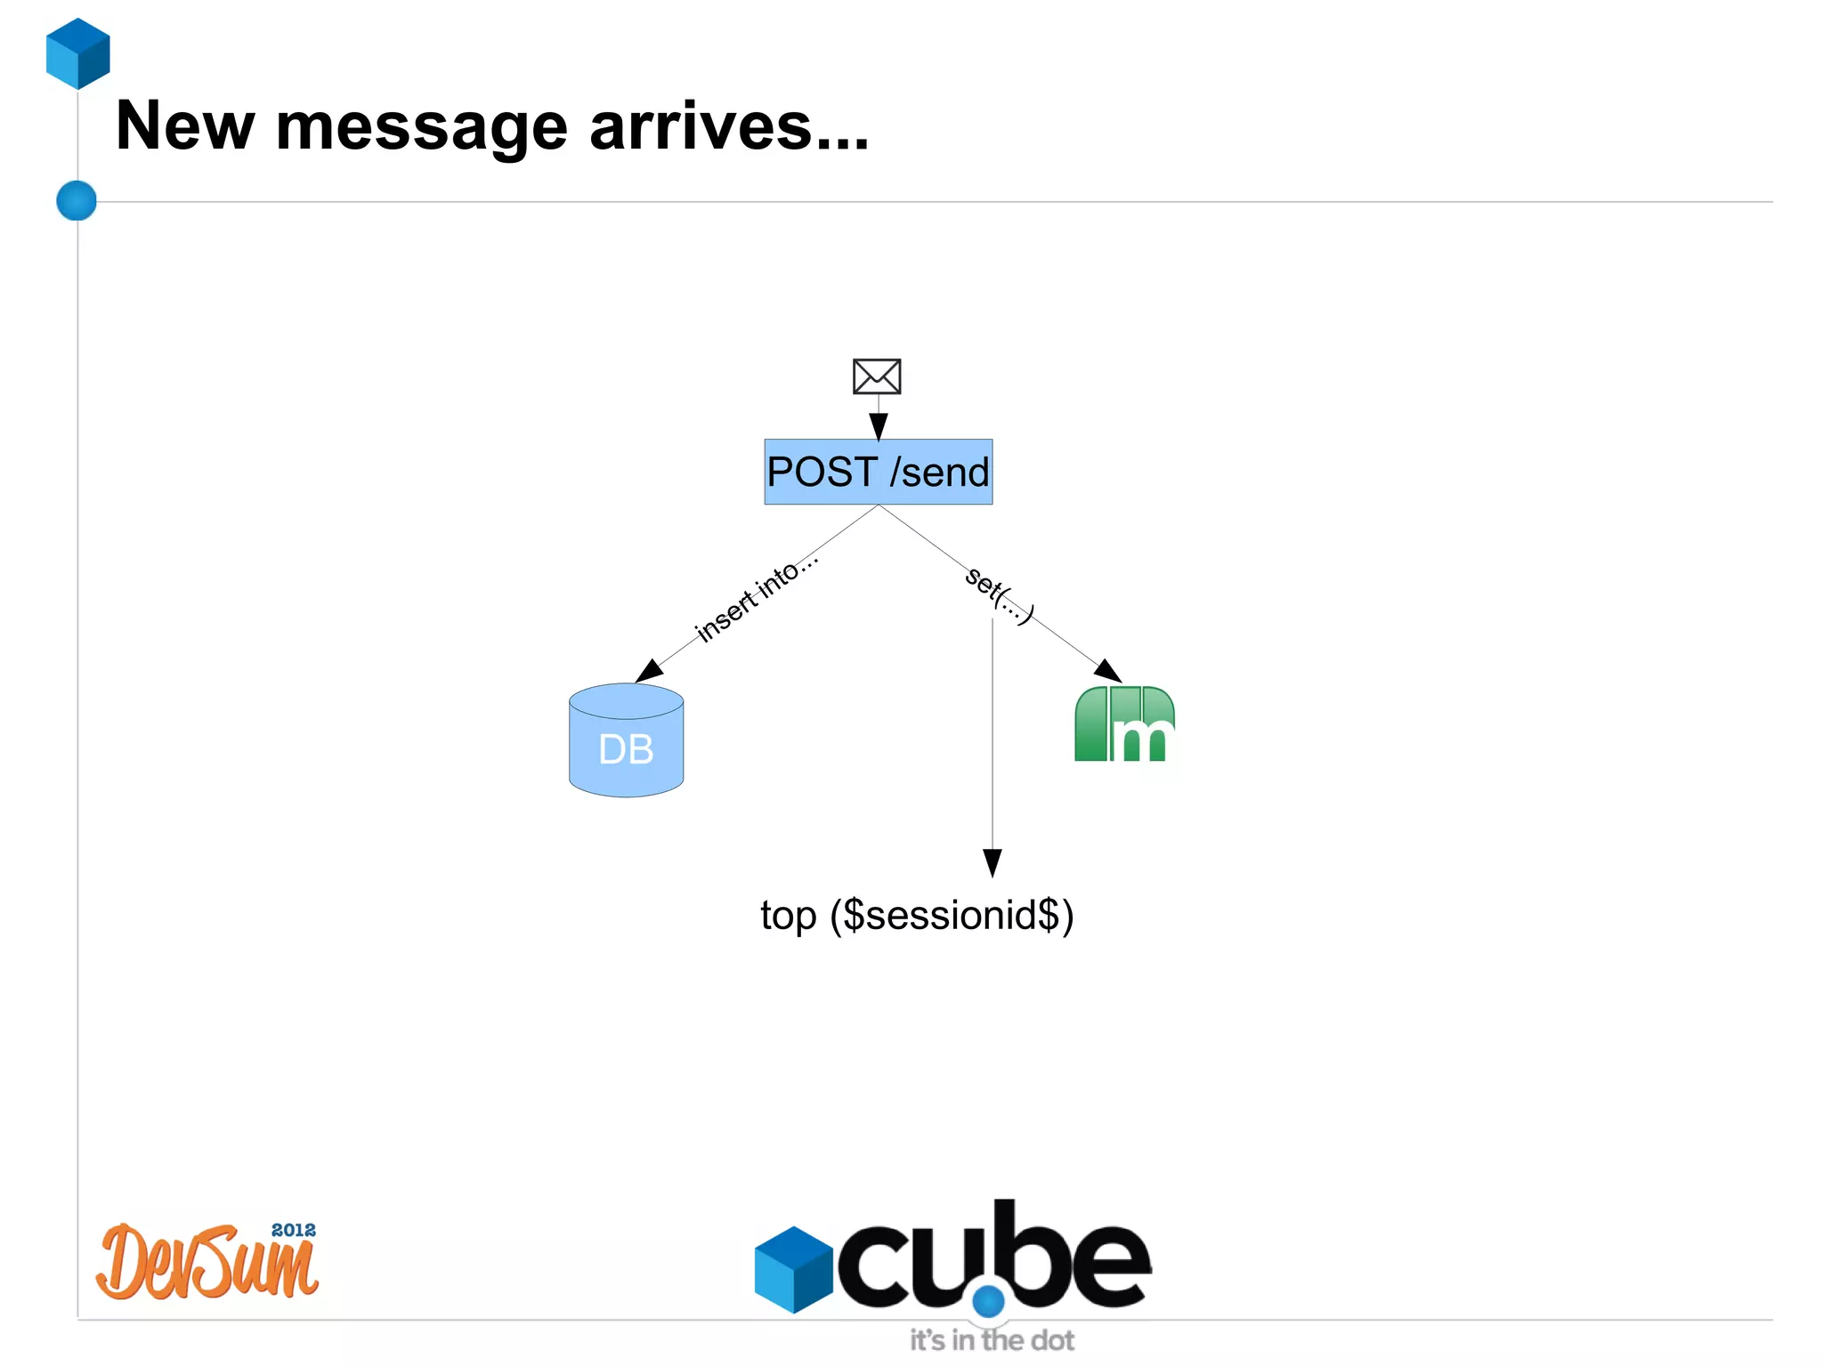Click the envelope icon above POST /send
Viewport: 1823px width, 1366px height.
pyautogui.click(x=877, y=376)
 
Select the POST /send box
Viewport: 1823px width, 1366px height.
pyautogui.click(x=878, y=472)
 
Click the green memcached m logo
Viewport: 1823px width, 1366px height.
pyautogui.click(x=1124, y=724)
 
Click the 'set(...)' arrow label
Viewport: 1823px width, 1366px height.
pyautogui.click(x=999, y=594)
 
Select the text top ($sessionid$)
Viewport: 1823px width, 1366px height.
pyautogui.click(x=917, y=915)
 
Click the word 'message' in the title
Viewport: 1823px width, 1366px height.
pyautogui.click(x=421, y=126)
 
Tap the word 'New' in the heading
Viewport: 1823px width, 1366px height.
pyautogui.click(x=185, y=126)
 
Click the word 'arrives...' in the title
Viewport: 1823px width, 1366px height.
pyautogui.click(x=728, y=126)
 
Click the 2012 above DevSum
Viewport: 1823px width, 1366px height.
pyautogui.click(x=293, y=1230)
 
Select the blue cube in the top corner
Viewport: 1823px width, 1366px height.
pyautogui.click(x=78, y=53)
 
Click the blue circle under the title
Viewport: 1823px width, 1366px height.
pyautogui.click(x=77, y=200)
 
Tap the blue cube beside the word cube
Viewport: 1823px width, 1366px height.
pyautogui.click(x=793, y=1269)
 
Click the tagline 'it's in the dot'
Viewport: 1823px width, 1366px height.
pyautogui.click(x=992, y=1340)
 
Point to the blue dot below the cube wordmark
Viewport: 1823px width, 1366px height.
pyautogui.click(x=988, y=1302)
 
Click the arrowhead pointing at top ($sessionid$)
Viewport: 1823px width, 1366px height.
pyautogui.click(x=993, y=862)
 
